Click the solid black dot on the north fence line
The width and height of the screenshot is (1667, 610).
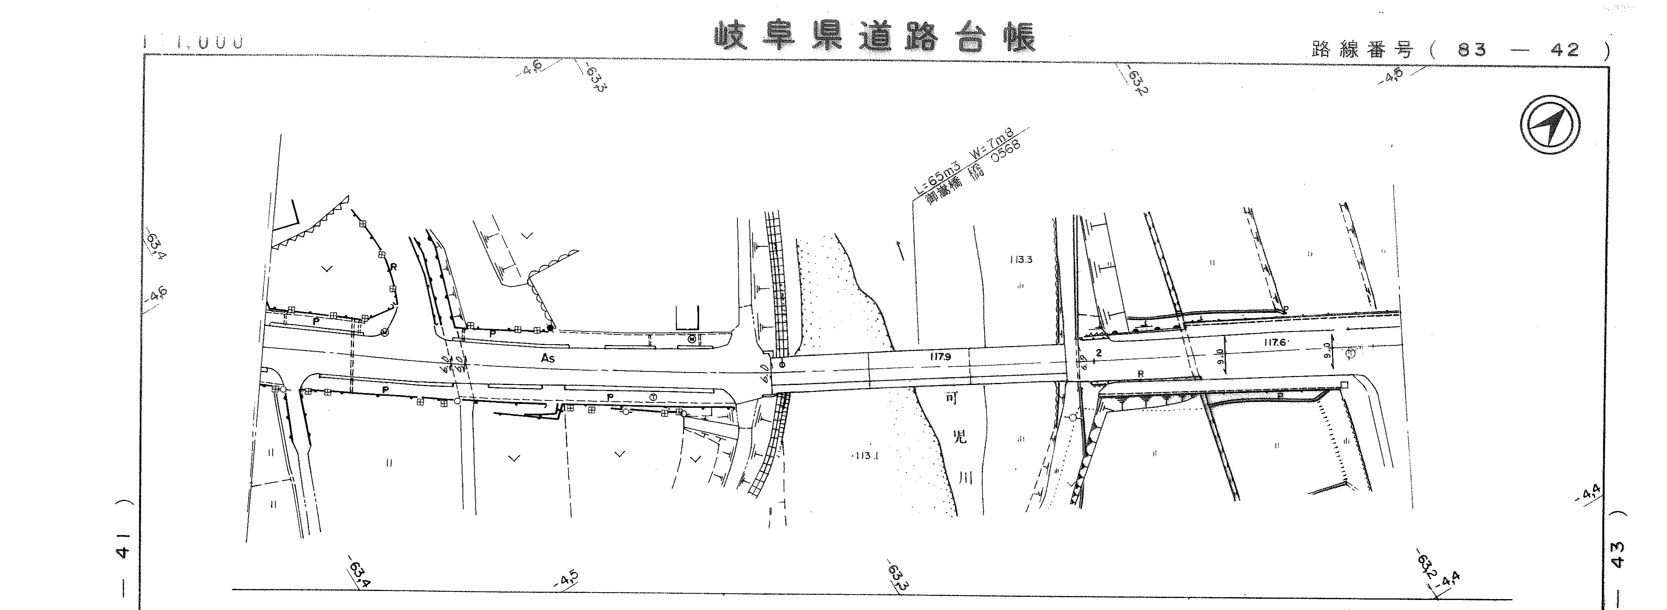[550, 328]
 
